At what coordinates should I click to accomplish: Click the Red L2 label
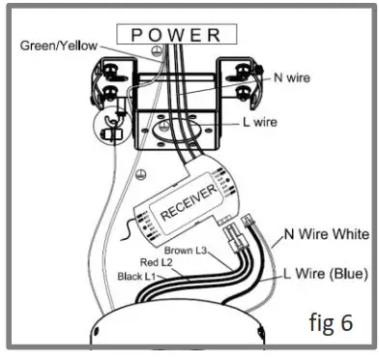pos(157,263)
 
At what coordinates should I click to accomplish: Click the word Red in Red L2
pos(148,263)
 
